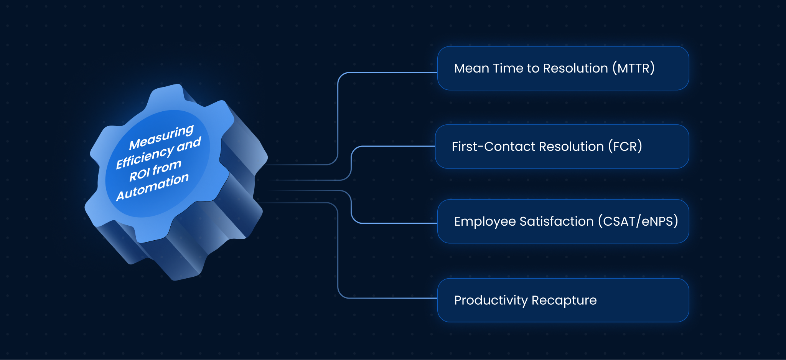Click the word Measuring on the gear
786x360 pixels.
pyautogui.click(x=161, y=137)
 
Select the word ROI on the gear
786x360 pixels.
pyautogui.click(x=139, y=175)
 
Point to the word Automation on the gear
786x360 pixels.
pyautogui.click(x=152, y=187)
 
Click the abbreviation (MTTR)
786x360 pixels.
pyautogui.click(x=633, y=68)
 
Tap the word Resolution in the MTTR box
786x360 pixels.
pyautogui.click(x=575, y=68)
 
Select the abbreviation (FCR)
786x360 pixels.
pyautogui.click(x=625, y=146)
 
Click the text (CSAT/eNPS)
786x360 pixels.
pyautogui.click(x=638, y=221)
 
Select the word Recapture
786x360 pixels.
pyautogui.click(x=564, y=301)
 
